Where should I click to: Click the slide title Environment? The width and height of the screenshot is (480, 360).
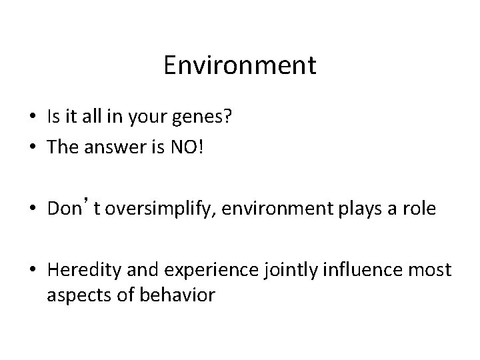[239, 65]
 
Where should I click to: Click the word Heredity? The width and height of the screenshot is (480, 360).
[77, 269]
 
